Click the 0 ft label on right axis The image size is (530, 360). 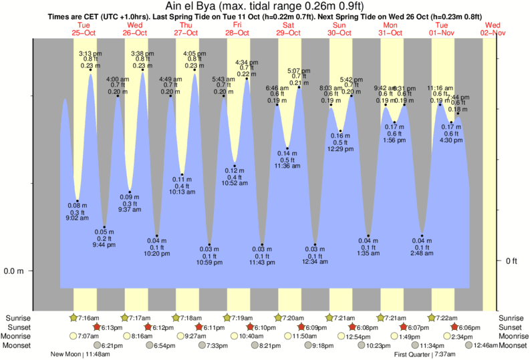(511, 260)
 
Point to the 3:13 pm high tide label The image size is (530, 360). (90, 53)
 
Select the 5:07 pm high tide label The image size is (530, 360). (298, 70)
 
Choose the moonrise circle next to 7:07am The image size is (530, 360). (74, 336)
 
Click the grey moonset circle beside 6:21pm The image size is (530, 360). (98, 345)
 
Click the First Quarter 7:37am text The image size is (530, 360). (426, 355)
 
